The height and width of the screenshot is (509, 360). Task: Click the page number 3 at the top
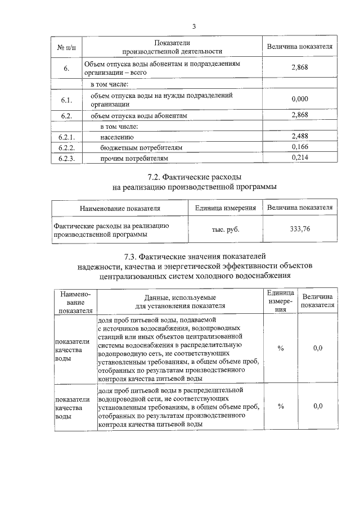(x=193, y=26)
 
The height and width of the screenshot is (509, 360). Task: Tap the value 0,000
(x=300, y=99)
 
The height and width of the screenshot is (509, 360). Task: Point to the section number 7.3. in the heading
(x=135, y=256)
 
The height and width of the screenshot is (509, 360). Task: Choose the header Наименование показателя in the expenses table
(x=119, y=208)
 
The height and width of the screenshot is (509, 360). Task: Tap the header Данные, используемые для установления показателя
(x=179, y=301)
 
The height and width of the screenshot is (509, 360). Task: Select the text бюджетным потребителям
(x=141, y=148)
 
